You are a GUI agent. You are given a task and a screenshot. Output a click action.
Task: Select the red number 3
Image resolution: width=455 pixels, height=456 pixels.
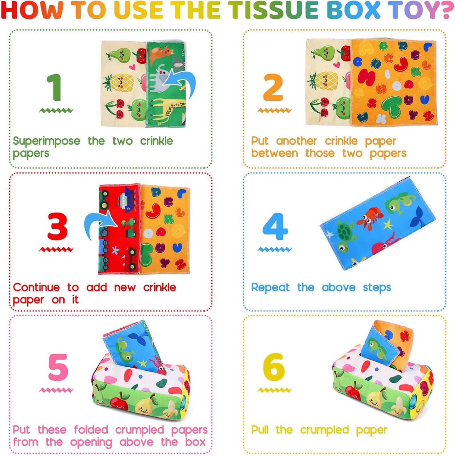click(x=57, y=226)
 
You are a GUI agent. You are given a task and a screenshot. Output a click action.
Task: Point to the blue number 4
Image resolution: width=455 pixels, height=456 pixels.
click(x=275, y=226)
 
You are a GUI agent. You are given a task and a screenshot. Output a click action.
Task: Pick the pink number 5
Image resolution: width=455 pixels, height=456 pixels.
click(x=58, y=367)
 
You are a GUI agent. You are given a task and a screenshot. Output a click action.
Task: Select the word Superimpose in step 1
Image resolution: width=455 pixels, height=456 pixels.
click(x=46, y=141)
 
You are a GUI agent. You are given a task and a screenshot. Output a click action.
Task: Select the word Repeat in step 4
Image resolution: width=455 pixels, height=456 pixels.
click(x=270, y=287)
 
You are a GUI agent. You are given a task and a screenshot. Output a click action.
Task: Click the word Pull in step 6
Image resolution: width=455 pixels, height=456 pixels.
click(x=259, y=430)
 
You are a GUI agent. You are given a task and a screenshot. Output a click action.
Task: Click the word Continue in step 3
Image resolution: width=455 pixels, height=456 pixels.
click(x=36, y=287)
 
